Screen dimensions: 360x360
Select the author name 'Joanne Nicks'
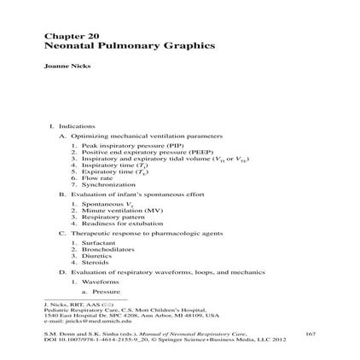click(x=58, y=64)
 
